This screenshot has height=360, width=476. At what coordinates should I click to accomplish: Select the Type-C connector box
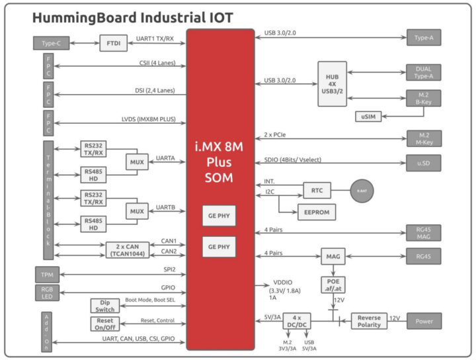(51, 43)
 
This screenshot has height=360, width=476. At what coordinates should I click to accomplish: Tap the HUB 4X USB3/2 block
(333, 80)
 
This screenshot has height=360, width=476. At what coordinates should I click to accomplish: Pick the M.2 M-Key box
(424, 138)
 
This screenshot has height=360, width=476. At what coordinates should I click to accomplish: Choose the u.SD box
(424, 162)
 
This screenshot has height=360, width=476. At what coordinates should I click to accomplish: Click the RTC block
(317, 190)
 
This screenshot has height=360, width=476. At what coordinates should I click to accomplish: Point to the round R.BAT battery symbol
(362, 190)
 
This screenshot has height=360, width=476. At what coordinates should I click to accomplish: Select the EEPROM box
(317, 212)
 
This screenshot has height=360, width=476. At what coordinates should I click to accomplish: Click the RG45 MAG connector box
(424, 232)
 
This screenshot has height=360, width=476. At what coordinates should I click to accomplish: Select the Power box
(424, 321)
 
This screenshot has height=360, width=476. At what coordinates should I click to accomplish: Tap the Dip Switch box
(105, 305)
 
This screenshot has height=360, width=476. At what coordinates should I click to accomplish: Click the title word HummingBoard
(80, 17)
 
